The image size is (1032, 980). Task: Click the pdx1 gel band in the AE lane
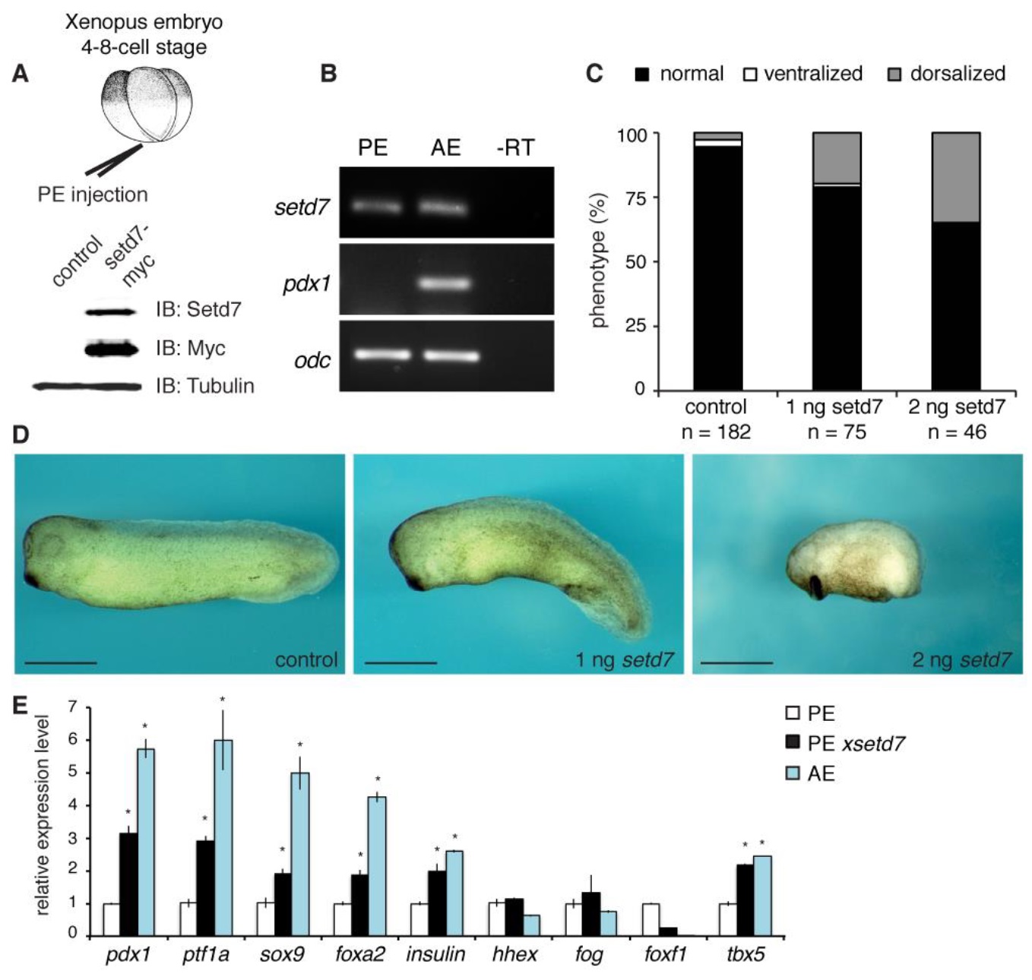click(x=445, y=283)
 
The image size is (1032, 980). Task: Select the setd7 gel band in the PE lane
click(x=375, y=207)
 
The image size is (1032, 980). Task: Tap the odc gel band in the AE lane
click(x=451, y=356)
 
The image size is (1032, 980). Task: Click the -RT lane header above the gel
click(x=515, y=147)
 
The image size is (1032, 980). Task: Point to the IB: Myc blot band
click(x=112, y=349)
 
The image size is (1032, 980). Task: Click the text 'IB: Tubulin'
click(x=204, y=386)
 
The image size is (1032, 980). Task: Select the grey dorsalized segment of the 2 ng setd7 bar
click(x=955, y=178)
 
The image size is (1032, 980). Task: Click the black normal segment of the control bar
click(x=717, y=266)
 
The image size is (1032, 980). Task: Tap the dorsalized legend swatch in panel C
click(x=894, y=75)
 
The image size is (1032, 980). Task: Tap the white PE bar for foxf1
click(x=651, y=918)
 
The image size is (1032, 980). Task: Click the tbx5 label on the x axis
click(x=745, y=954)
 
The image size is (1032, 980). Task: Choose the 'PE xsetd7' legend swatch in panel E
click(x=793, y=743)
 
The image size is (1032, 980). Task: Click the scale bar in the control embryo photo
click(x=61, y=663)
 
